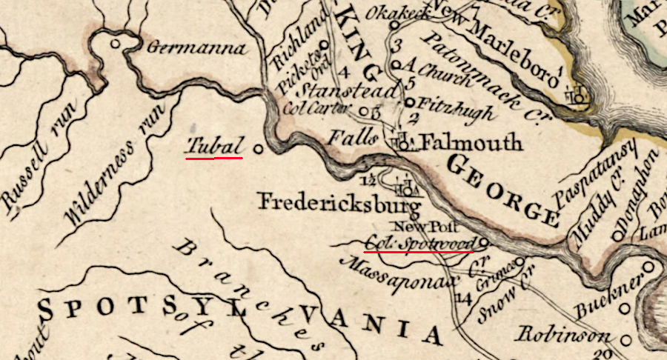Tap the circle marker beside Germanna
click(115, 44)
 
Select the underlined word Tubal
click(214, 146)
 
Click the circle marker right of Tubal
click(258, 148)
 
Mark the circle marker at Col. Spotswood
click(484, 241)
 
